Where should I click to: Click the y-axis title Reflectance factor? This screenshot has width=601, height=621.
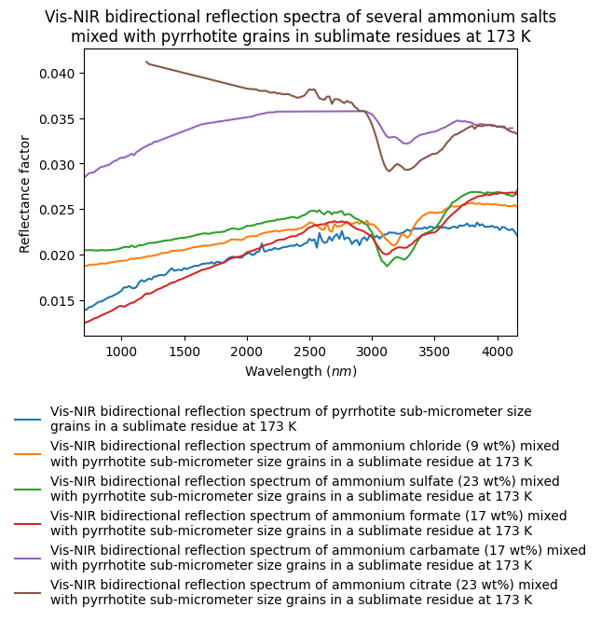(x=25, y=194)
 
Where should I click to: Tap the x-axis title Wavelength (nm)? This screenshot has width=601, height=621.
(x=301, y=371)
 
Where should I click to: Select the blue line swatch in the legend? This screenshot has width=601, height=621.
(x=27, y=419)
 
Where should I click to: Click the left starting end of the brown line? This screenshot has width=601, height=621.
(x=146, y=62)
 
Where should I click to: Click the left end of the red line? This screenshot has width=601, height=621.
(x=85, y=323)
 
